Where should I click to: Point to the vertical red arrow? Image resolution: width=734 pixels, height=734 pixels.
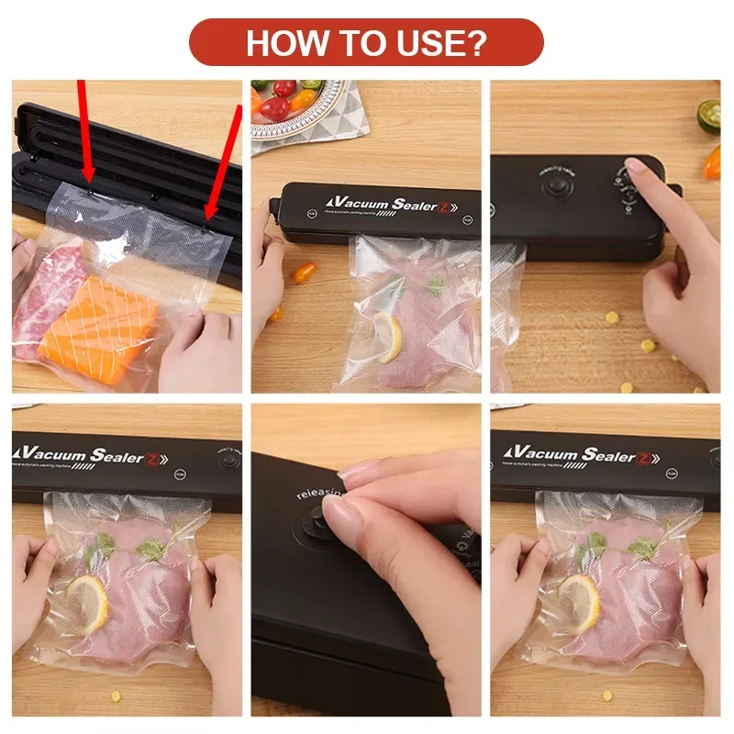click(x=83, y=128)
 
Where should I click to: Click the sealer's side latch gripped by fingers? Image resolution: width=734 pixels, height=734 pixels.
click(x=272, y=211)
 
